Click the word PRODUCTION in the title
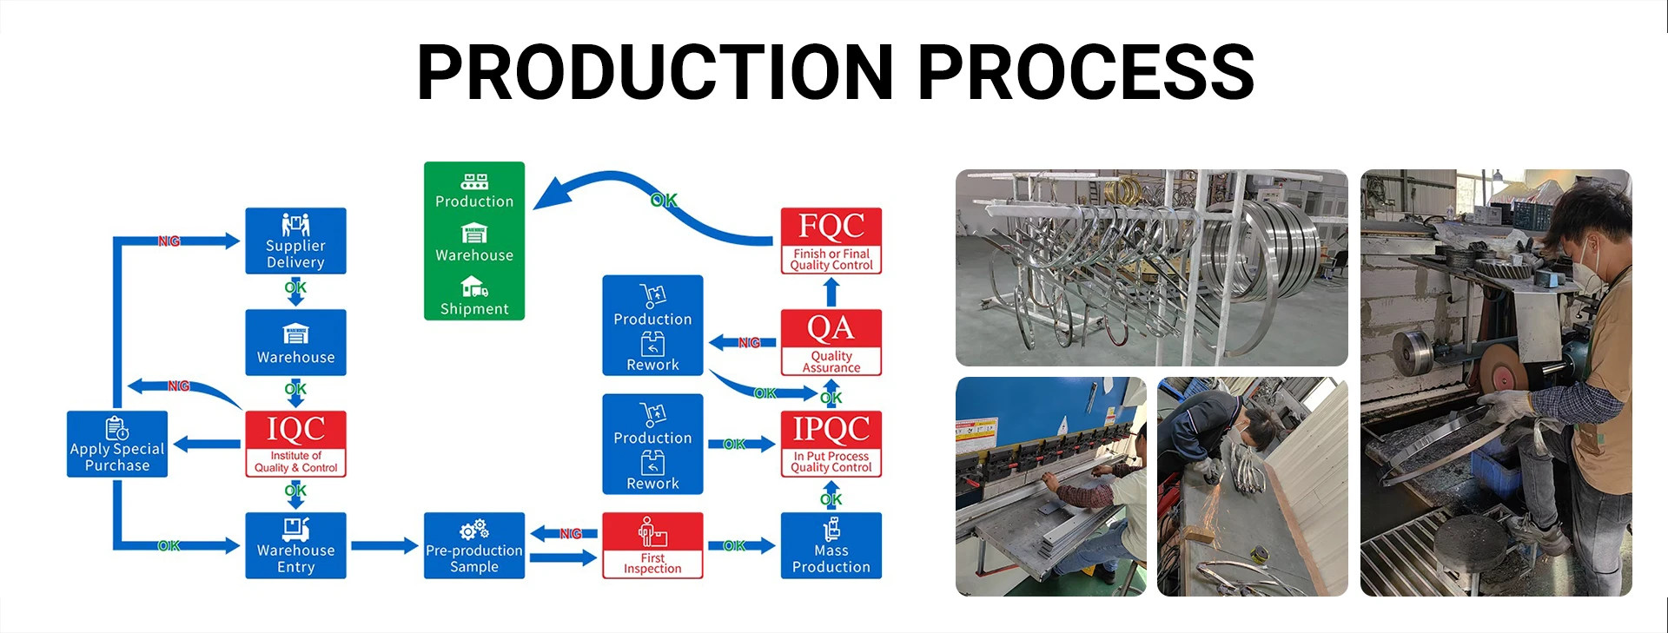point(655,72)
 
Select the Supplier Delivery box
point(295,241)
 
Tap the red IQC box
point(295,444)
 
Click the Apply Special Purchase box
point(117,444)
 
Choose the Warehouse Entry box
point(295,545)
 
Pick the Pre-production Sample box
point(474,545)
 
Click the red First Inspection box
point(652,545)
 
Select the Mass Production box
point(831,545)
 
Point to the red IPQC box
point(831,444)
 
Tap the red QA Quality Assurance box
point(831,342)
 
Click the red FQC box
point(831,241)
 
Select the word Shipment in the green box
point(474,309)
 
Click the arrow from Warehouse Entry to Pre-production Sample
point(384,545)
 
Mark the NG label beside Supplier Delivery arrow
point(169,241)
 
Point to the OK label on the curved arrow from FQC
point(664,201)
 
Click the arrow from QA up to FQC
point(831,292)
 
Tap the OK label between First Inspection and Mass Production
point(734,545)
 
